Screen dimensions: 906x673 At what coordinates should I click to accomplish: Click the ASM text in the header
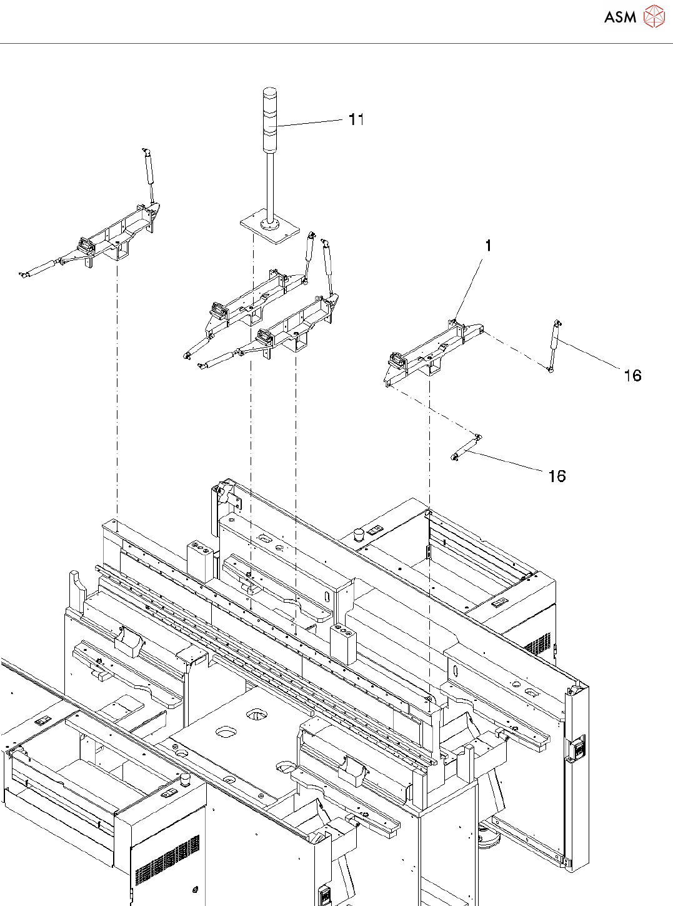tap(620, 18)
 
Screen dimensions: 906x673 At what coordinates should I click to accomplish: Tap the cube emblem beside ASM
tap(654, 17)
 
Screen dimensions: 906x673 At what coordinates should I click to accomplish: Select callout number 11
tap(356, 119)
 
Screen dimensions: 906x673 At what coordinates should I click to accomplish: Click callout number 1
tap(488, 246)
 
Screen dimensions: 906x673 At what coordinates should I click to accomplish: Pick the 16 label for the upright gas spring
tap(632, 375)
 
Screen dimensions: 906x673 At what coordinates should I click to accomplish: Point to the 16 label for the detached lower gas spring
tap(557, 476)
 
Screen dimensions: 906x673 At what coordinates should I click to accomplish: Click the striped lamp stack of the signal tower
tap(269, 119)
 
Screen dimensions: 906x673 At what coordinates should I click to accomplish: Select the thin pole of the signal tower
tap(269, 184)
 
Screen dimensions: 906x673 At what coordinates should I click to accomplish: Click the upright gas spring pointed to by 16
tap(553, 346)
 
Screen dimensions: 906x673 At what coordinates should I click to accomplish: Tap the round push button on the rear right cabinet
tap(359, 535)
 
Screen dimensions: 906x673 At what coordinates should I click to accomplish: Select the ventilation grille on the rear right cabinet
tap(537, 644)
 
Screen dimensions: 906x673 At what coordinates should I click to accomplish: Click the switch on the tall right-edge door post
tap(577, 750)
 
